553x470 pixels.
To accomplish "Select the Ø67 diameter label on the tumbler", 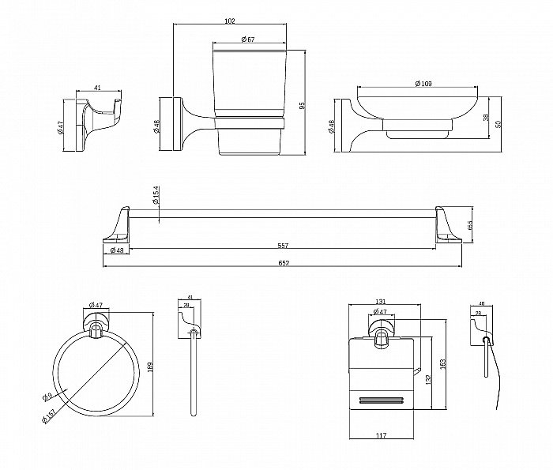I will pyautogui.click(x=247, y=39).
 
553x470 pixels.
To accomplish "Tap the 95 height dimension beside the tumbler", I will pyautogui.click(x=301, y=105).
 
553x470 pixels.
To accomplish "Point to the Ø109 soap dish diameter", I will pyautogui.click(x=423, y=83).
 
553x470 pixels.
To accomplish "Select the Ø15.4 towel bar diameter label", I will pyautogui.click(x=156, y=195).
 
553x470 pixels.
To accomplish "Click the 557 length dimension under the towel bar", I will pyautogui.click(x=282, y=245).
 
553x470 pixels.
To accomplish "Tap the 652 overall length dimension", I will pyautogui.click(x=282, y=262).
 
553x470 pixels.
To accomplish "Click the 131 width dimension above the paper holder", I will pyautogui.click(x=381, y=303).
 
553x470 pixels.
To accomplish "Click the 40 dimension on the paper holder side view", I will pyautogui.click(x=481, y=303).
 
